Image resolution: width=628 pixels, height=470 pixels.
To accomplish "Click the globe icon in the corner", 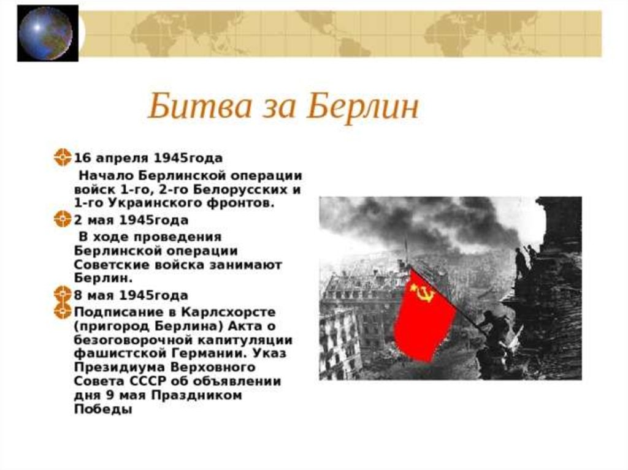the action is tap(46, 33).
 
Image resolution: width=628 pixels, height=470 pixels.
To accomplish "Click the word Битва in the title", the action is tap(200, 106).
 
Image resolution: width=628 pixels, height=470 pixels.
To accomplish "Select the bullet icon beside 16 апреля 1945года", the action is tap(63, 157).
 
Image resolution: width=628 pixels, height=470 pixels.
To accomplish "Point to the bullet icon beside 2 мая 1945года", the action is tap(63, 219).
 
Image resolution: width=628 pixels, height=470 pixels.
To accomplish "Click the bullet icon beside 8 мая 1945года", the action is tap(63, 294).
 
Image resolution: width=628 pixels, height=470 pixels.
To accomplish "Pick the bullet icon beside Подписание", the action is tap(63, 311).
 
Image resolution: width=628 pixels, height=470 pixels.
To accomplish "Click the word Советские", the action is tap(113, 265).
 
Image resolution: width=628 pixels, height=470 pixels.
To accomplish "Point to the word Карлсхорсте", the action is tap(229, 312).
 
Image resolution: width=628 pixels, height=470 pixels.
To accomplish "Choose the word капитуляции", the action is tap(245, 340).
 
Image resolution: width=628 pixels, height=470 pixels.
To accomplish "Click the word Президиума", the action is tap(120, 368).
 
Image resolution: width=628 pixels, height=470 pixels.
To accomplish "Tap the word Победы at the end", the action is tap(103, 409).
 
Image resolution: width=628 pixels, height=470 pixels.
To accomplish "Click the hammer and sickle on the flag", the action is tap(422, 292).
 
